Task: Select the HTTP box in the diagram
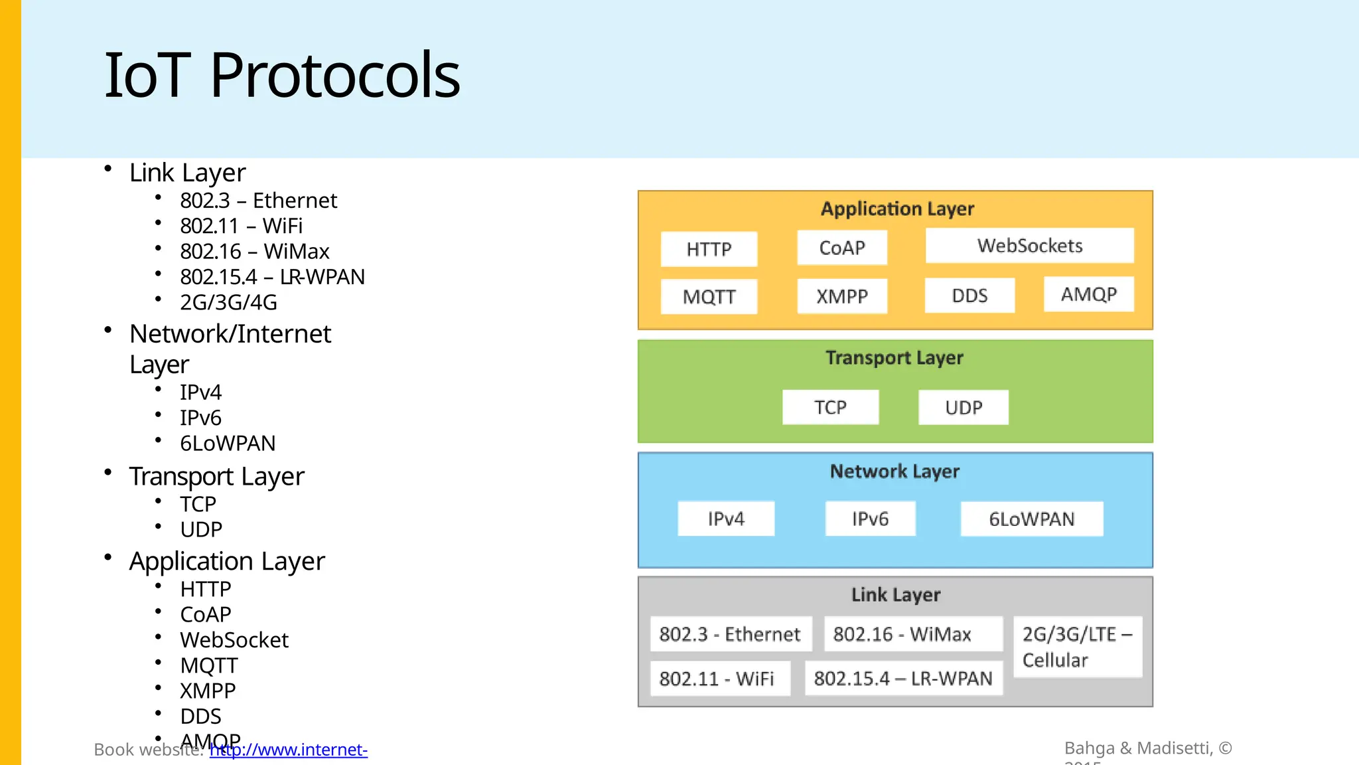(x=709, y=249)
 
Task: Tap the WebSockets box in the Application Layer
(x=1029, y=246)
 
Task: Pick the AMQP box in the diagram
(x=1088, y=294)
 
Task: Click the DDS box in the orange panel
(x=969, y=296)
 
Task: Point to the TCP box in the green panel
(x=830, y=407)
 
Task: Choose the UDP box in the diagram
(x=964, y=407)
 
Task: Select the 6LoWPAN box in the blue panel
(x=1031, y=519)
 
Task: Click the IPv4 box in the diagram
(x=726, y=519)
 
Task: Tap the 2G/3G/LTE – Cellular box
(x=1077, y=647)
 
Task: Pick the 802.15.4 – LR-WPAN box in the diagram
(x=903, y=678)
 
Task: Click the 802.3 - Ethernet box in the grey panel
(x=730, y=634)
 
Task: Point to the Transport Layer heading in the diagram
(x=894, y=358)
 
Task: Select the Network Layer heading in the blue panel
(x=894, y=471)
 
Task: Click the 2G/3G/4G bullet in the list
(x=228, y=302)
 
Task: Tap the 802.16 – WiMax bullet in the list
(x=254, y=252)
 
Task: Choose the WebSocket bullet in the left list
(x=234, y=640)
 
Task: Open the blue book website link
(x=289, y=750)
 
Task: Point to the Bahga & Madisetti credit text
(x=1148, y=748)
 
